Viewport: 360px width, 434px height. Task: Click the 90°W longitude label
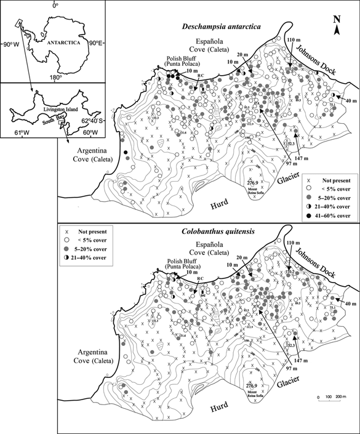tap(11, 44)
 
